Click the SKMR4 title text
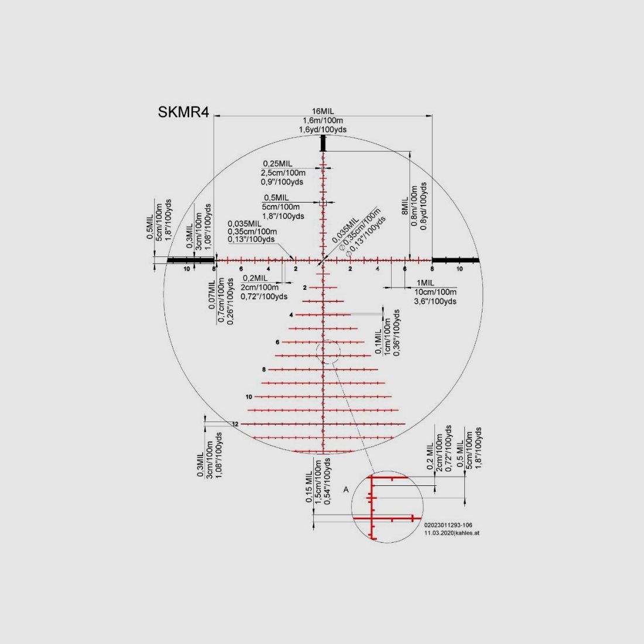pos(184,112)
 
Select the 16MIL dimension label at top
pos(323,111)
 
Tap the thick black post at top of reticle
pos(323,143)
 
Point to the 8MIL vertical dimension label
pos(405,205)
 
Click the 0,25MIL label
pos(278,164)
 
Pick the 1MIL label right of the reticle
pos(425,283)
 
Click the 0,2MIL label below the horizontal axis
pos(255,278)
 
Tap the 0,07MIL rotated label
pos(212,294)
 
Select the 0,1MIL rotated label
pos(379,341)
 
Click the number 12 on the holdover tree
pos(235,424)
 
